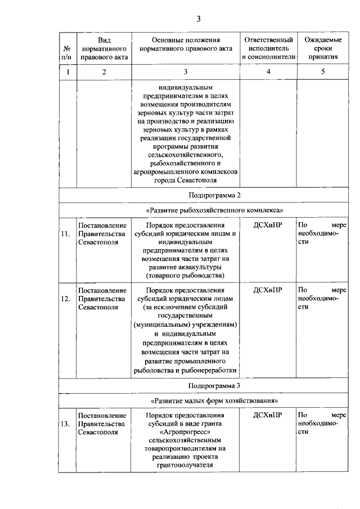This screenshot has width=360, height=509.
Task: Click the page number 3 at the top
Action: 199,20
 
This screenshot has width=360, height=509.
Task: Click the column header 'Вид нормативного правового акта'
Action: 104,49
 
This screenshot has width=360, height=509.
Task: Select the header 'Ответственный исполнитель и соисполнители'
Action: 268,49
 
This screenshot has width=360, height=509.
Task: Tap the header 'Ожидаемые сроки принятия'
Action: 323,49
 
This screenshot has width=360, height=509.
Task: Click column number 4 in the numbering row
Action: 268,72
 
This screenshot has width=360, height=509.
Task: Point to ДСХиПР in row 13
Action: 268,416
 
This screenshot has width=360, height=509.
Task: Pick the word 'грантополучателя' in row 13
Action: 186,466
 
